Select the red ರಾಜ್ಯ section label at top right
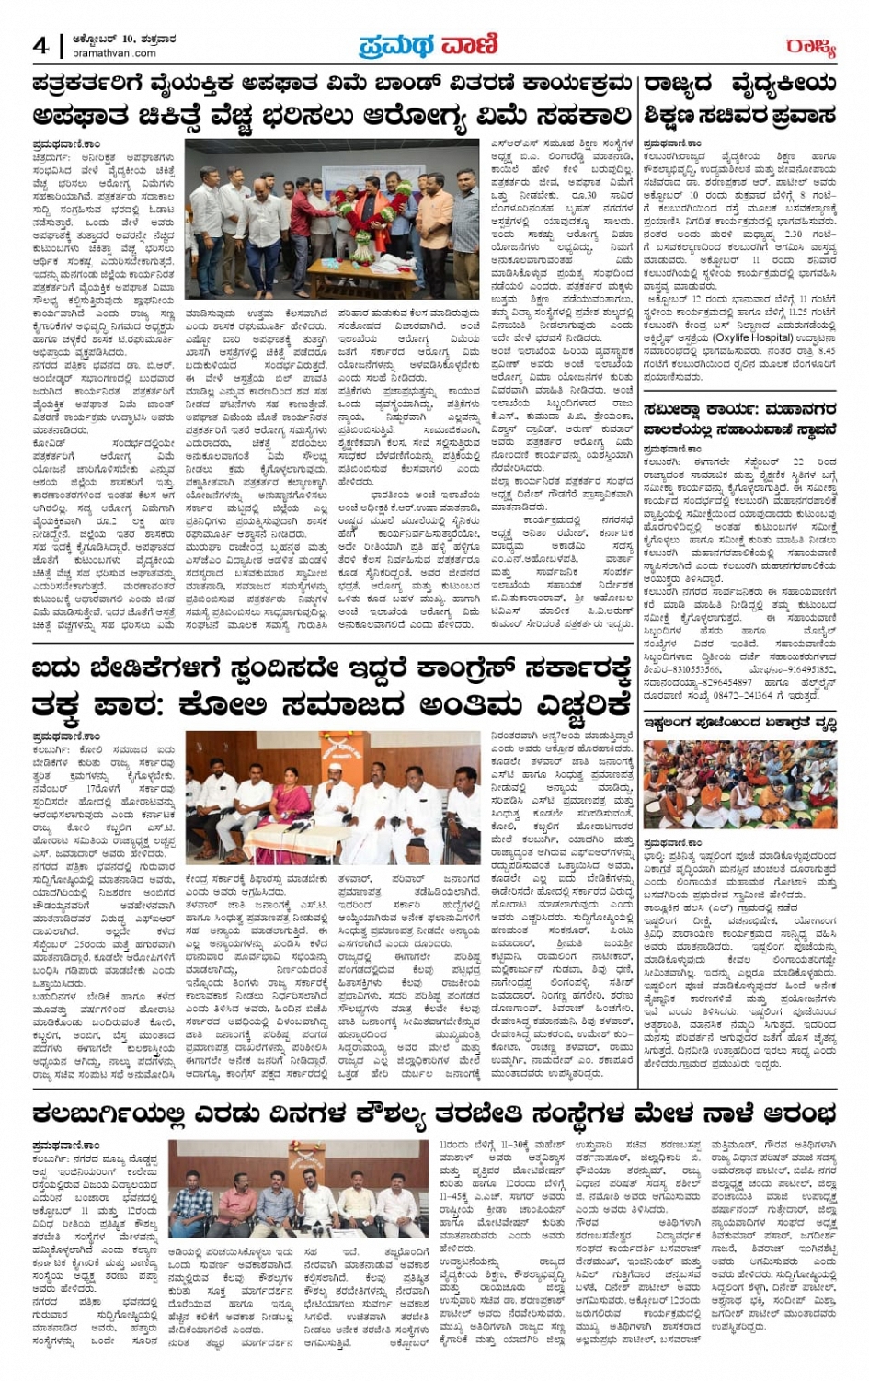810,47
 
